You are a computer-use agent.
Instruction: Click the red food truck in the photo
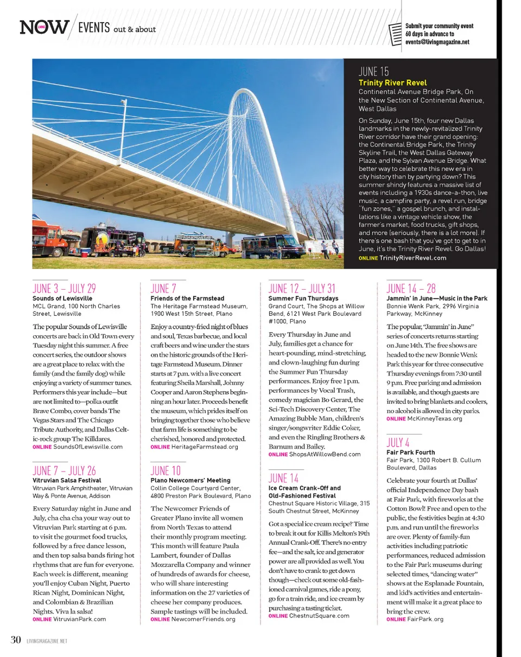pyautogui.click(x=52, y=237)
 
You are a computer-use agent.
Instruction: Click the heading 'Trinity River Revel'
pyautogui.click(x=392, y=83)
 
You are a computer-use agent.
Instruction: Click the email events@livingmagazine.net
pyautogui.click(x=437, y=42)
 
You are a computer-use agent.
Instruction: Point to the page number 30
pyautogui.click(x=16, y=640)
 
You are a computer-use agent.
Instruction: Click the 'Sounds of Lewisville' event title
pyautogui.click(x=62, y=298)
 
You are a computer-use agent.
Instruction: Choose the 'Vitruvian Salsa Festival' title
pyautogui.click(x=67, y=480)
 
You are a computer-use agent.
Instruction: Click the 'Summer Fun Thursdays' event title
pyautogui.click(x=303, y=298)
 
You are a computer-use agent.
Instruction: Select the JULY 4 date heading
pyautogui.click(x=397, y=442)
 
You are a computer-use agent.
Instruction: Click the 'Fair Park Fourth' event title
pyautogui.click(x=410, y=452)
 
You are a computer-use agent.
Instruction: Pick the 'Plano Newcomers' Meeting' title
pyautogui.click(x=190, y=480)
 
